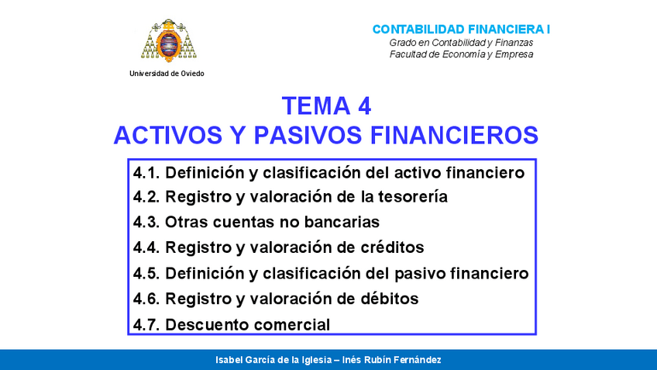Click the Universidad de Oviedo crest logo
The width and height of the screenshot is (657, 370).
pyautogui.click(x=167, y=40)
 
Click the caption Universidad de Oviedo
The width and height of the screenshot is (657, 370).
pyautogui.click(x=167, y=73)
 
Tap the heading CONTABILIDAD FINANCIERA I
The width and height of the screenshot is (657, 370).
pyautogui.click(x=461, y=29)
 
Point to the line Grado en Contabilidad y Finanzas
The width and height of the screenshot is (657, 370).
pyautogui.click(x=461, y=42)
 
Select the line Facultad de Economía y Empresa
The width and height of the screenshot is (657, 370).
pyautogui.click(x=461, y=54)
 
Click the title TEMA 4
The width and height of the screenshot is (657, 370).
pyautogui.click(x=326, y=105)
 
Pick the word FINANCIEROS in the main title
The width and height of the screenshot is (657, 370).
pyautogui.click(x=455, y=135)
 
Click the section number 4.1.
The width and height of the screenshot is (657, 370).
pyautogui.click(x=146, y=172)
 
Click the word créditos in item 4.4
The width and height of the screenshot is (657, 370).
pyautogui.click(x=386, y=248)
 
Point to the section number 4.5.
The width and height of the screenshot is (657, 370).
pyautogui.click(x=146, y=274)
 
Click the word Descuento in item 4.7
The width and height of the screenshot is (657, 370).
pyautogui.click(x=204, y=324)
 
